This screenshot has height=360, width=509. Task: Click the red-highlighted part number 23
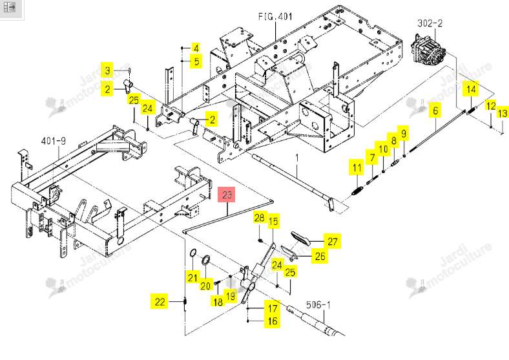227,195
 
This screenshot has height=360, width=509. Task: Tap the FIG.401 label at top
275,17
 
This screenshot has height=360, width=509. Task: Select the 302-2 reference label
430,23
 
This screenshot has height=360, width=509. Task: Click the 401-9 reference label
53,141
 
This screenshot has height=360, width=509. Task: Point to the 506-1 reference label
318,305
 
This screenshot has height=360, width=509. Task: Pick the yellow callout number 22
160,302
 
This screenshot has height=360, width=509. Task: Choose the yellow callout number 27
332,241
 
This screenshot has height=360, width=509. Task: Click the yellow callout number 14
471,89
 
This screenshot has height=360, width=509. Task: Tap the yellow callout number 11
357,167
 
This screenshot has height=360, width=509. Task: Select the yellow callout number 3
107,70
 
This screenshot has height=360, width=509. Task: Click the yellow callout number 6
435,111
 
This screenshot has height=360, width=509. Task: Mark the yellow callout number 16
273,321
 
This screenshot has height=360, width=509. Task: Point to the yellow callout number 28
259,218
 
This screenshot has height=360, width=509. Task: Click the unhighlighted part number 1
296,158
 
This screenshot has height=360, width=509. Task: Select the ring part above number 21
192,253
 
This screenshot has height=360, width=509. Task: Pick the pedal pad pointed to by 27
300,238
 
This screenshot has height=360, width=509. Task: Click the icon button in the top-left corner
10,7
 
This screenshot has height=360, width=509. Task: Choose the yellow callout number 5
196,61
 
